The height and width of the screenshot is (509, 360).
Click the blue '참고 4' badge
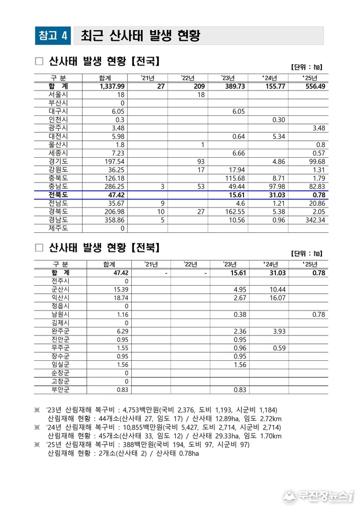(53, 35)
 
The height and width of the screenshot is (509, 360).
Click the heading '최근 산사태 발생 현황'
(140, 35)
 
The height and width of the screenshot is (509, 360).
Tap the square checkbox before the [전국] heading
(39, 61)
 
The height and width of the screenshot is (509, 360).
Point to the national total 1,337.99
(112, 86)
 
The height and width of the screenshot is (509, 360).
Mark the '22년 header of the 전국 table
(188, 78)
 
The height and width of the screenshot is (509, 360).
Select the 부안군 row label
(60, 390)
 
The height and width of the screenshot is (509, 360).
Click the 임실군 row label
(60, 365)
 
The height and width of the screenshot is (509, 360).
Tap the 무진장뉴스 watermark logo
(318, 496)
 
